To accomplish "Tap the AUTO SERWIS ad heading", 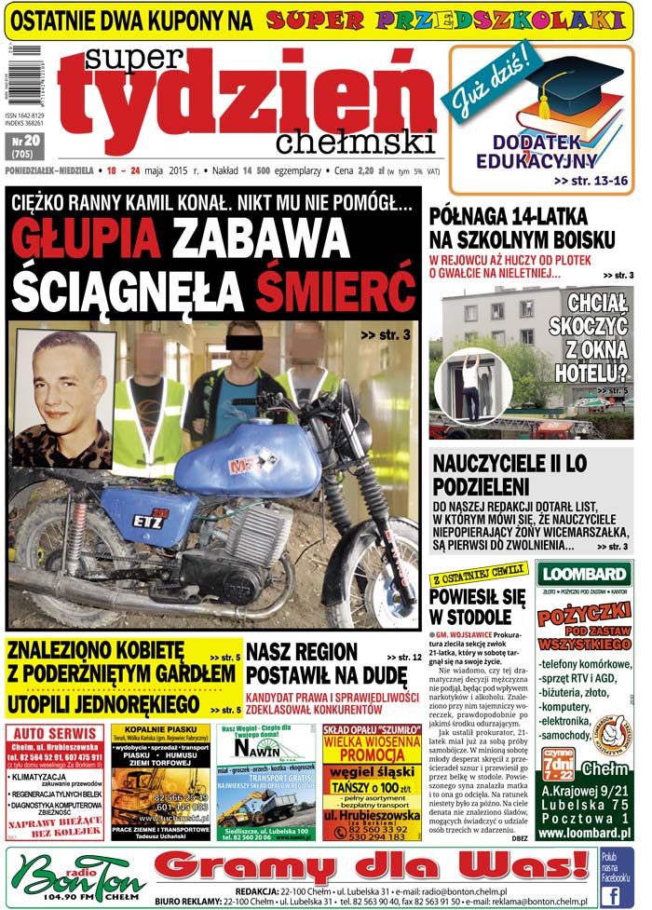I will point(52,734).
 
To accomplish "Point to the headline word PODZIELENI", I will point(482,487).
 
